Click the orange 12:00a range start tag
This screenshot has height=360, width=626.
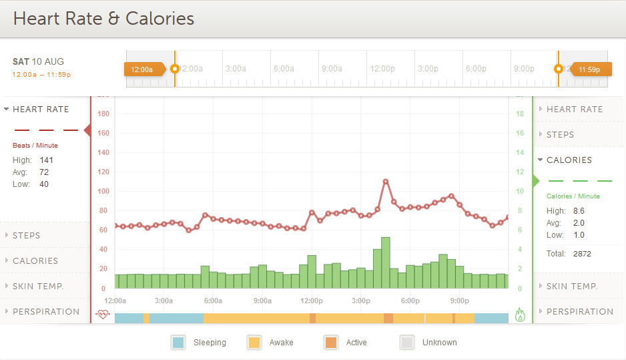point(142,69)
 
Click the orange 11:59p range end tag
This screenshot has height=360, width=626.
point(589,69)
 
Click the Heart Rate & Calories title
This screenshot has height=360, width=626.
point(103,19)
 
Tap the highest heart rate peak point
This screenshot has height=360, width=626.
point(386,181)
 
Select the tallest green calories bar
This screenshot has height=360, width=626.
point(386,262)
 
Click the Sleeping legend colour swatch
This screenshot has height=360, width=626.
point(178,343)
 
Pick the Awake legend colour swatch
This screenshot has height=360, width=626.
point(254,343)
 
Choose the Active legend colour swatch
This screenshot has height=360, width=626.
point(331,343)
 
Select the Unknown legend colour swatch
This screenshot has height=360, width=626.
point(407,343)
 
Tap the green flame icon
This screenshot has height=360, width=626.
point(521,314)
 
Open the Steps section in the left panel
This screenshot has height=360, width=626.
point(27,235)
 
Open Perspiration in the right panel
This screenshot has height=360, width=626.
point(579,311)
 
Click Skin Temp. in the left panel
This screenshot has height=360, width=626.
point(38,286)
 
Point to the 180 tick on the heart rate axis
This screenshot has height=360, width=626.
point(103,114)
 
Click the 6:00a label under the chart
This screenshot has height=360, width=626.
point(214,301)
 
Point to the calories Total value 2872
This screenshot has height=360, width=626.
point(581,254)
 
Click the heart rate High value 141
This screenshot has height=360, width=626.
point(46,160)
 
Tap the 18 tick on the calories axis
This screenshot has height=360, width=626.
point(520,114)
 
